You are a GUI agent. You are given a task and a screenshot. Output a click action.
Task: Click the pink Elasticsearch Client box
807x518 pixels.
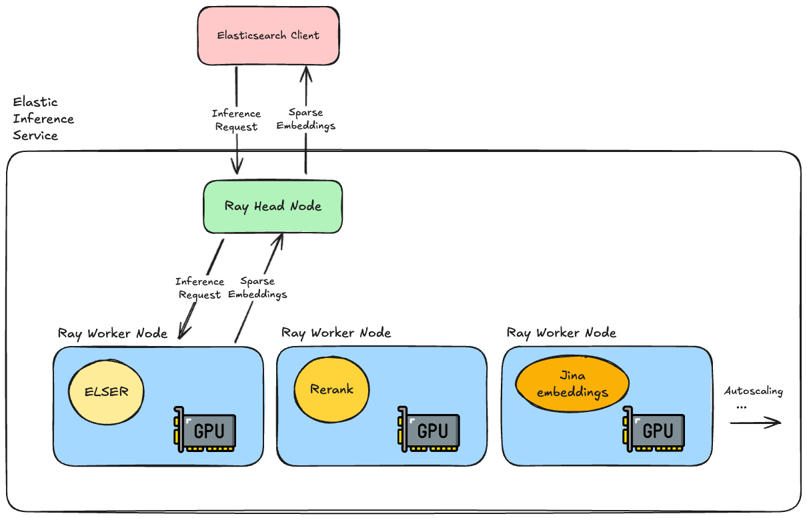point(268,35)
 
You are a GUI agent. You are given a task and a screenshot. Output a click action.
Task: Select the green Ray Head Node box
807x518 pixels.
point(273,206)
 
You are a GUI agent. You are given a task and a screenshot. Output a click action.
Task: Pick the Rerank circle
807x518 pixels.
point(331,389)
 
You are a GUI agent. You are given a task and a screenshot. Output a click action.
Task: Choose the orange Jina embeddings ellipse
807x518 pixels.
point(572,385)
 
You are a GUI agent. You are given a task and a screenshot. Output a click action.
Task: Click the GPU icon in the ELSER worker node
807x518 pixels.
point(205,429)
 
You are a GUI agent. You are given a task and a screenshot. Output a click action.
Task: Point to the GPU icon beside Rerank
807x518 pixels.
point(428,429)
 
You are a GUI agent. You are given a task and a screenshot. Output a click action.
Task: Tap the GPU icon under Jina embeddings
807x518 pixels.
point(653,429)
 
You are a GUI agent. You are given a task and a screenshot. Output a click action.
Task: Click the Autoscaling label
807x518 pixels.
point(753,391)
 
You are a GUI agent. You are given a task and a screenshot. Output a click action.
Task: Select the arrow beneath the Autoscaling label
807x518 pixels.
point(755,422)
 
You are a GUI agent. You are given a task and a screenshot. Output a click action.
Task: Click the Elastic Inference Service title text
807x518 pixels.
point(43,119)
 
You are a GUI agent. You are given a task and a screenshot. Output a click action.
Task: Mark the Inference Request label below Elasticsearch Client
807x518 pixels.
point(236,120)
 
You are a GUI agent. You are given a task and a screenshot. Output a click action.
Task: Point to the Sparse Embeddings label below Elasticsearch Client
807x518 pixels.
point(305,119)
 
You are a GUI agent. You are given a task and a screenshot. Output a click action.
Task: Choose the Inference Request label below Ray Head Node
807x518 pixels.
point(199,288)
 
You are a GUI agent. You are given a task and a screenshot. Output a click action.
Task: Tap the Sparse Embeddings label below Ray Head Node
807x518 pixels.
point(257,287)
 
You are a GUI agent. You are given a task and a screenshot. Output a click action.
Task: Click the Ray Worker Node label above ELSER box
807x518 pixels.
point(113,333)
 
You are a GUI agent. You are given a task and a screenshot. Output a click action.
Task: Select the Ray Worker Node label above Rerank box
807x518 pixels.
point(336,333)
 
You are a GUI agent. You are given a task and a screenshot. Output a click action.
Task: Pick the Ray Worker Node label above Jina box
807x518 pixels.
point(562,333)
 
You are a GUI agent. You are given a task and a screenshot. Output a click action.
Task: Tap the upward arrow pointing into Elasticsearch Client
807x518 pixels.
point(305,87)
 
